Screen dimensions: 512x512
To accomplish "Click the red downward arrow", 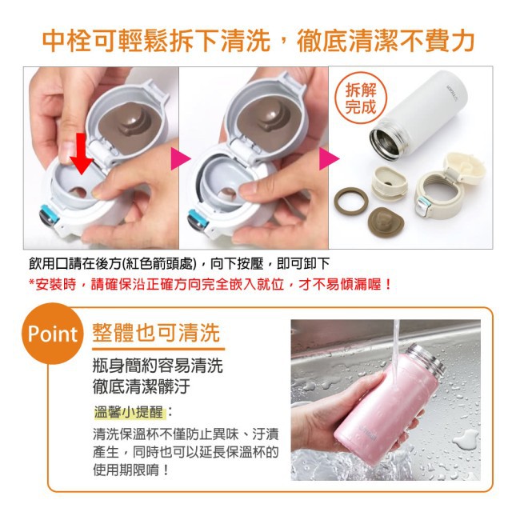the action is (82, 154).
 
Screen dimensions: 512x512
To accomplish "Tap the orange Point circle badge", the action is (52, 334).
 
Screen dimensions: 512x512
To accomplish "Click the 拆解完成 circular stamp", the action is (361, 98).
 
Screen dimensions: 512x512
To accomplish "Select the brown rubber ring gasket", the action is (351, 201).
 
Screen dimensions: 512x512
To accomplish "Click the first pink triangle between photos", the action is (180, 159).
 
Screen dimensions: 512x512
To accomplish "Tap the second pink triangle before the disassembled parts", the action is (329, 159).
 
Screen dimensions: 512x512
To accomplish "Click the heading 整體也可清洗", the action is (156, 333).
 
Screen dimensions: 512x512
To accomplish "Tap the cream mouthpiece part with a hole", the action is (389, 183).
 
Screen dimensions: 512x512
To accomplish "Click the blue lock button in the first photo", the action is (49, 214).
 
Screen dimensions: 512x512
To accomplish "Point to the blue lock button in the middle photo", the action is (198, 218).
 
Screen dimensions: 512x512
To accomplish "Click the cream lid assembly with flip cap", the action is (449, 186).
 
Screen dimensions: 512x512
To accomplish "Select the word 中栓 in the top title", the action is (66, 42).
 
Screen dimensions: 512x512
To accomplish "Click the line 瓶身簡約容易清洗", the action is (158, 366).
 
